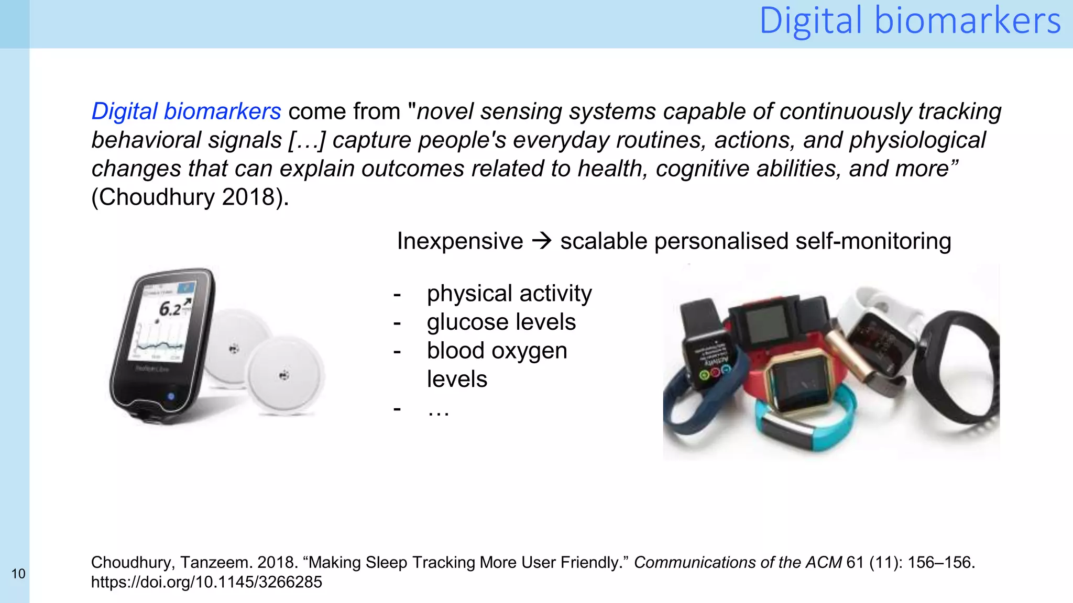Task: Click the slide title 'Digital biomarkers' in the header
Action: [910, 21]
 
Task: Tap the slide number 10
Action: [18, 574]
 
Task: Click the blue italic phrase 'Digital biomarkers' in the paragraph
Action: [186, 111]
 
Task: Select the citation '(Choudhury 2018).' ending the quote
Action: [190, 197]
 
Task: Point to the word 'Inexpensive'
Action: [459, 241]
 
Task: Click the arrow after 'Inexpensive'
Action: [542, 241]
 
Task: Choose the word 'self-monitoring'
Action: [873, 241]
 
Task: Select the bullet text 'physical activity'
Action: [509, 294]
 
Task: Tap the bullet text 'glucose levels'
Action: [501, 322]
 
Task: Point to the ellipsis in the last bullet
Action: [439, 409]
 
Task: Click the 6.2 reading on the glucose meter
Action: [170, 309]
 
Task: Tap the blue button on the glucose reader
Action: [171, 396]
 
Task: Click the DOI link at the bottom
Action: [206, 582]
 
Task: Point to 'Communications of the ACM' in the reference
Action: [738, 563]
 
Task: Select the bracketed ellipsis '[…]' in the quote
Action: [307, 140]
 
